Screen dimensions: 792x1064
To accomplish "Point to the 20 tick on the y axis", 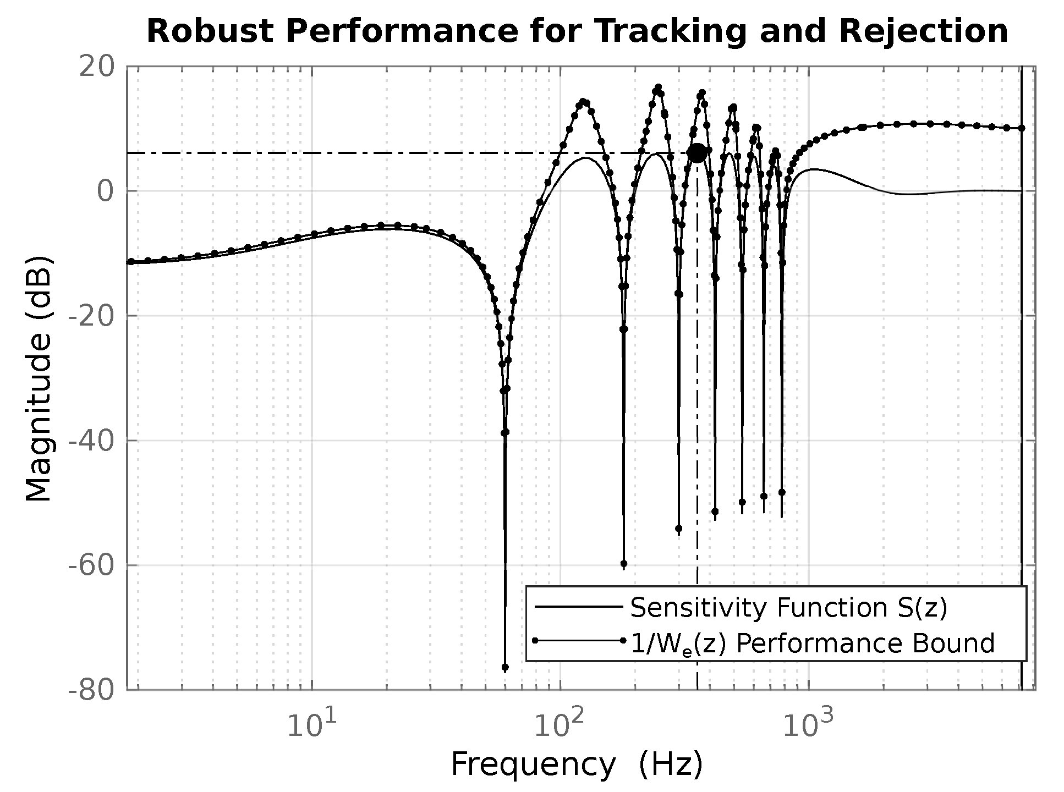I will pos(97,67).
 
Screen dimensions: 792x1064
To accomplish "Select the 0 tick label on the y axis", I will pos(105,192).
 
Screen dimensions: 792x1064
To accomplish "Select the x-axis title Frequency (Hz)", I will pos(577,765).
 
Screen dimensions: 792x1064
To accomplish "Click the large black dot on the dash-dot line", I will pos(696,153).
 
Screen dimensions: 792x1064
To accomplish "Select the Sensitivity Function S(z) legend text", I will pos(788,608).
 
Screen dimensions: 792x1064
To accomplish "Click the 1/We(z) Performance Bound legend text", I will pos(812,643).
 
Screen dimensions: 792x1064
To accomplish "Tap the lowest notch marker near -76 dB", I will pos(505,667).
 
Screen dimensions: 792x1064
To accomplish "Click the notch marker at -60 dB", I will pos(623,564).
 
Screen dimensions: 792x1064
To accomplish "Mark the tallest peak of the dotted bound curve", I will pos(658,87).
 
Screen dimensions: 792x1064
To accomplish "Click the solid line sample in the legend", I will pos(578,607).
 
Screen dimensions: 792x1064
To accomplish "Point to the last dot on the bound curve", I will pos(1021,128).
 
